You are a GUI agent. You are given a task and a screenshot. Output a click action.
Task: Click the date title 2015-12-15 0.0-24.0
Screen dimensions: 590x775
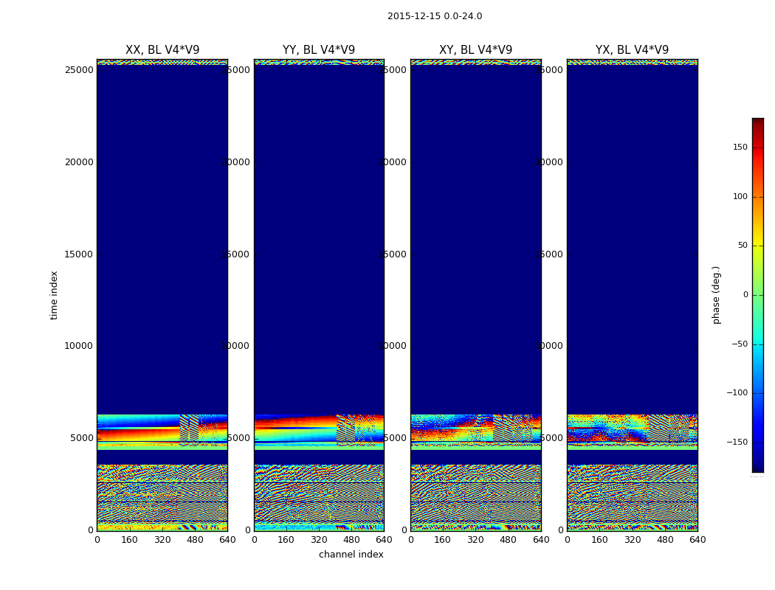pyautogui.click(x=435, y=16)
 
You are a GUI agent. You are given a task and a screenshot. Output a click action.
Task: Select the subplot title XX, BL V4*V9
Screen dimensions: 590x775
pyautogui.click(x=162, y=50)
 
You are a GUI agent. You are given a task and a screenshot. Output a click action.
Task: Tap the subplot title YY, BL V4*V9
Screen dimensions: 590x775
pyautogui.click(x=319, y=50)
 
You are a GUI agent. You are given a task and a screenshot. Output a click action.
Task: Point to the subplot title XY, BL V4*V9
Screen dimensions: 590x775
pyautogui.click(x=476, y=50)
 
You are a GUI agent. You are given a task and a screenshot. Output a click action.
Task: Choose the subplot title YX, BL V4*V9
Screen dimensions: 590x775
pyautogui.click(x=633, y=50)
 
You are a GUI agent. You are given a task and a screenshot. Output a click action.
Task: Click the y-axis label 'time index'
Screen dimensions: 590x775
pyautogui.click(x=54, y=295)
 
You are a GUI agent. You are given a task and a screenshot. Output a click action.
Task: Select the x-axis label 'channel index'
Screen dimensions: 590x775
pyautogui.click(x=351, y=555)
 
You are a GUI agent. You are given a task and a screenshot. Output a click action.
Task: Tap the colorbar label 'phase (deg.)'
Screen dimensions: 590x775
pyautogui.click(x=716, y=295)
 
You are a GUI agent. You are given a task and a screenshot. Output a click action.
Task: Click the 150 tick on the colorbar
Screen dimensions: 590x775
pyautogui.click(x=740, y=147)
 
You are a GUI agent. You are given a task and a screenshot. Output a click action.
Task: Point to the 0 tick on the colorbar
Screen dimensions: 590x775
pyautogui.click(x=745, y=295)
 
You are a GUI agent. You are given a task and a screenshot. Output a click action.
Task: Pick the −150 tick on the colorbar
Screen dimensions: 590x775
pyautogui.click(x=737, y=442)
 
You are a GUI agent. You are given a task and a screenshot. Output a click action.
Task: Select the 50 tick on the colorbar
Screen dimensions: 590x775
pyautogui.click(x=743, y=246)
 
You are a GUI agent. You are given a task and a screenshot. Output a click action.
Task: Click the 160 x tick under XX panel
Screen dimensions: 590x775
pyautogui.click(x=129, y=540)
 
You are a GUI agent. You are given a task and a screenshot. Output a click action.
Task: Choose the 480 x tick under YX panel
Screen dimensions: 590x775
pyautogui.click(x=665, y=540)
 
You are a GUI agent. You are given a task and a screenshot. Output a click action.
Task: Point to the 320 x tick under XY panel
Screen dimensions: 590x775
pyautogui.click(x=475, y=540)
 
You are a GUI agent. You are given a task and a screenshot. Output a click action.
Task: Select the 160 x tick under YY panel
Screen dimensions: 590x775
pyautogui.click(x=286, y=540)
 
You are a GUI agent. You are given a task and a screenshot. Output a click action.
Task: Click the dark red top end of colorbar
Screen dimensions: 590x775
pyautogui.click(x=757, y=121)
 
